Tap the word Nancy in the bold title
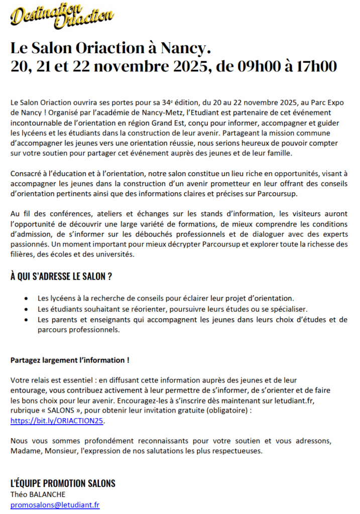coord(182,49)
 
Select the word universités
coord(116,254)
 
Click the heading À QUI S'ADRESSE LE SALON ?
coord(61,277)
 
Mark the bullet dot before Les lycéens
coord(26,299)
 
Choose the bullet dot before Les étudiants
coord(26,309)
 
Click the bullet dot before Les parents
coord(26,320)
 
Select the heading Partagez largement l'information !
coord(70,360)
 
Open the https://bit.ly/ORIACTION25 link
coord(57,421)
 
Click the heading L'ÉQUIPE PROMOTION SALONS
coord(63,483)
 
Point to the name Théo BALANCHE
coord(38,494)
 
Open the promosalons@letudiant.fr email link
coord(55,505)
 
